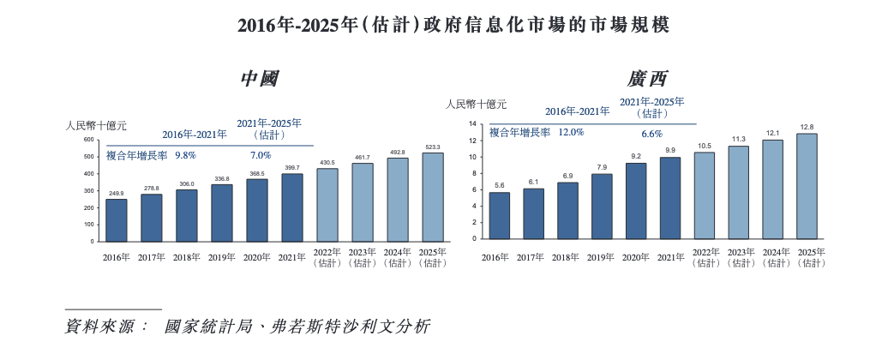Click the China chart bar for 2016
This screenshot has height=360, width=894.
coord(117,220)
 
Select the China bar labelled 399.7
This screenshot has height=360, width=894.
coord(292,207)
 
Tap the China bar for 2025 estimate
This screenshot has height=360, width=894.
coord(433,197)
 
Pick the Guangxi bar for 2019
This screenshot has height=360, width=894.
coord(602,207)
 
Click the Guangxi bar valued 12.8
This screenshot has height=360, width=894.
coord(807,186)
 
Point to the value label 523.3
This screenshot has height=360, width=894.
coord(433,147)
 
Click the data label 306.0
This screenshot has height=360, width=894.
coord(187,184)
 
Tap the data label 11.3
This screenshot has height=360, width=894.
coord(738,139)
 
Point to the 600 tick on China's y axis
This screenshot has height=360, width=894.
coord(88,140)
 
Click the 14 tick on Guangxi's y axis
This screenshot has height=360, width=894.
coord(472,124)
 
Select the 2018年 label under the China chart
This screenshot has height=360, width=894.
coord(187,257)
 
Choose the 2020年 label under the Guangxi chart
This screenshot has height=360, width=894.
coord(636,257)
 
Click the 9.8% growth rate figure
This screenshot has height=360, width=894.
coord(186,155)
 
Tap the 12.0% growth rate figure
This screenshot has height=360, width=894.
coord(571,133)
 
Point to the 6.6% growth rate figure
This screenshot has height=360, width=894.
coord(652,134)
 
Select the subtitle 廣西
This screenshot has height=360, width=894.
coord(647,79)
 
